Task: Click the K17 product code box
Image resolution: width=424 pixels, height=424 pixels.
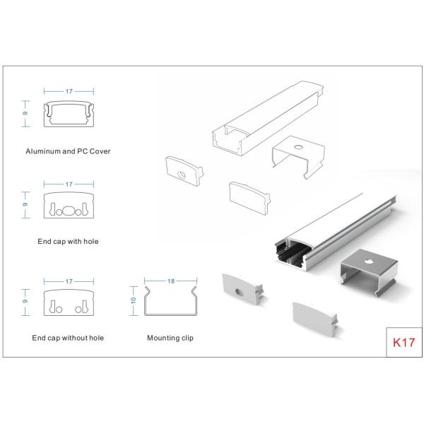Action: [x=404, y=343]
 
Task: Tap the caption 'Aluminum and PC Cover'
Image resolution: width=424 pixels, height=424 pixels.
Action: [x=68, y=151]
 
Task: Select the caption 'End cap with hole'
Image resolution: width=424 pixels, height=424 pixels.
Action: [x=68, y=241]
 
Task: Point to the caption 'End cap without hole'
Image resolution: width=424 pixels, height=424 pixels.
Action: [x=68, y=338]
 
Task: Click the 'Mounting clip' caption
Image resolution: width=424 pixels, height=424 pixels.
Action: [x=170, y=338]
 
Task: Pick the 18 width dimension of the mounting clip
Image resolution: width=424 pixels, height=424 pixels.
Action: [x=170, y=281]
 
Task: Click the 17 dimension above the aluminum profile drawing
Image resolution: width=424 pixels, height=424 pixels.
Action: [x=69, y=91]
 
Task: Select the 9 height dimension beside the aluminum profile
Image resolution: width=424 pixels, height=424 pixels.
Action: [x=26, y=114]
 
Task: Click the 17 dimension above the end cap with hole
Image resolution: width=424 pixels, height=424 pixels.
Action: [x=69, y=184]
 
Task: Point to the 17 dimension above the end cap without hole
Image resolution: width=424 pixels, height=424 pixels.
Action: [x=69, y=281]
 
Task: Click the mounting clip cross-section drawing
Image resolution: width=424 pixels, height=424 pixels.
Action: [x=170, y=304]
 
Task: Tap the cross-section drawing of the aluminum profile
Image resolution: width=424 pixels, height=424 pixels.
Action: [x=69, y=114]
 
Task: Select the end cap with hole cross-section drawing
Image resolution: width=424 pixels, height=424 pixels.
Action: [x=69, y=206]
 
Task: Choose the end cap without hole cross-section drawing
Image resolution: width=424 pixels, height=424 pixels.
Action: [x=69, y=302]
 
